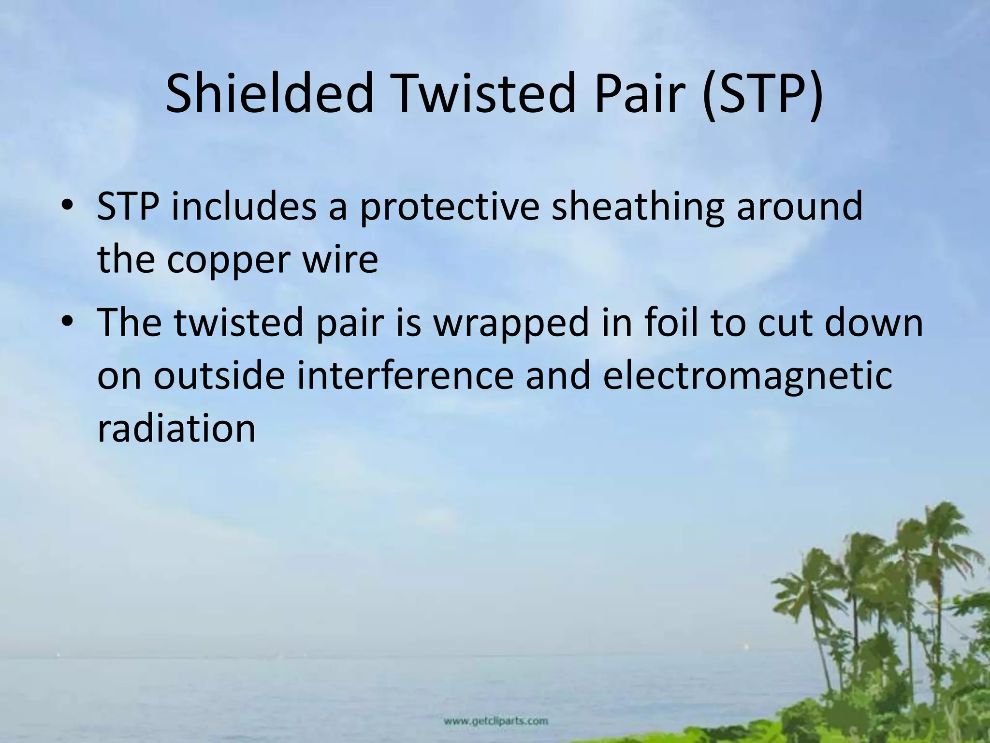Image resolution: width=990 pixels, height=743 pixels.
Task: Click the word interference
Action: click(405, 376)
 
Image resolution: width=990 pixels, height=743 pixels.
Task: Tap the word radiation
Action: click(176, 429)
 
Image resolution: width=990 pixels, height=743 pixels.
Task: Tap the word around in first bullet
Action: click(800, 207)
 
